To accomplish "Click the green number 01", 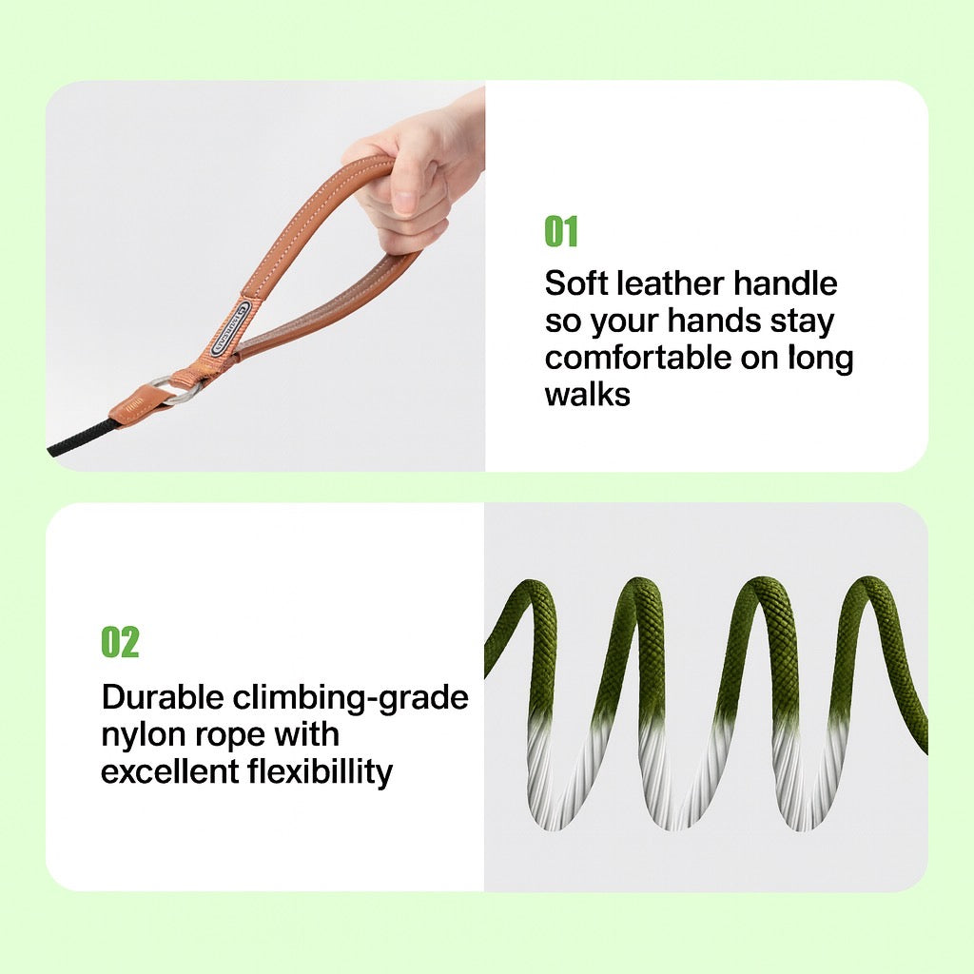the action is pos(561,231).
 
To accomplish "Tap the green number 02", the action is pos(120,642).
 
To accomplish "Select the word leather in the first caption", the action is pos(670,283).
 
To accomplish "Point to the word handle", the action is pos(786,283).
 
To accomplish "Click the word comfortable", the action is pos(637,358).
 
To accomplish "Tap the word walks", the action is pos(587,394).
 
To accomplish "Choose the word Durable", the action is pos(162,697).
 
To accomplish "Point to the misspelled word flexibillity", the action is pos(321,773).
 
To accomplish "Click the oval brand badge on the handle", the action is pos(231,328).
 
